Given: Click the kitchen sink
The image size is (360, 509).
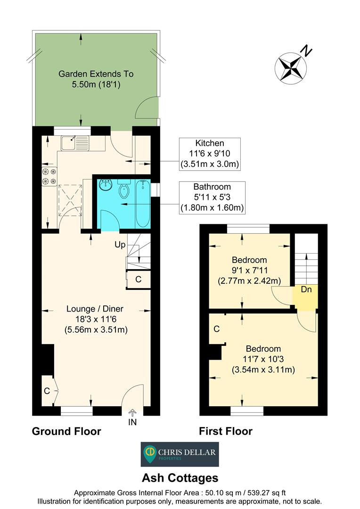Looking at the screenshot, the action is coord(75,143).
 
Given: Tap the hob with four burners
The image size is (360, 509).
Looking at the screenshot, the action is coord(49,176).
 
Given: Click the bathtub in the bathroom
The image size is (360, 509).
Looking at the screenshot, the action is coord(142,204).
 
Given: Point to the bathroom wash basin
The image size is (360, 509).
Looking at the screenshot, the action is coord(105,185).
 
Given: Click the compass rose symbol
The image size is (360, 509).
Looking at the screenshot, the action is coord(291,68).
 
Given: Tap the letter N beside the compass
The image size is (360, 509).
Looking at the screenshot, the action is coord(306,51).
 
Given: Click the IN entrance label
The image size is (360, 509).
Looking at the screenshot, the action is coord(132,422).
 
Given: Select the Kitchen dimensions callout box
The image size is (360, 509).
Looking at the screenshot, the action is coord(210,154).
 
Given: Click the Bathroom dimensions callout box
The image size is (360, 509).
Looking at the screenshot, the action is coord(212,197).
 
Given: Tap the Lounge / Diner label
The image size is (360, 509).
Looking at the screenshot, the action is coord(95,309).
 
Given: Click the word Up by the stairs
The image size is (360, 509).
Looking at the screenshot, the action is coord(120,245).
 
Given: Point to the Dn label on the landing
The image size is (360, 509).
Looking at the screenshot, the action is coord(306,289).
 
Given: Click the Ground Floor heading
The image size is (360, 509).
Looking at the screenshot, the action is coord(66,431).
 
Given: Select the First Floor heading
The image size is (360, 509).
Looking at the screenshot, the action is coord(226,431).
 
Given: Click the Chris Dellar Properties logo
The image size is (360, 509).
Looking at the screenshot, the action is coord(180,454).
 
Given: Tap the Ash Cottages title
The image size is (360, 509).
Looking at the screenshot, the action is coord(180,478).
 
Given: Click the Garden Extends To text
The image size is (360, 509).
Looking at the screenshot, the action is coord(96,74).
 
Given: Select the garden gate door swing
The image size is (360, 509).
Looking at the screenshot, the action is coord(147,107).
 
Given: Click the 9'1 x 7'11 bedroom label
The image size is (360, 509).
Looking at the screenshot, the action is coord(249,270).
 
